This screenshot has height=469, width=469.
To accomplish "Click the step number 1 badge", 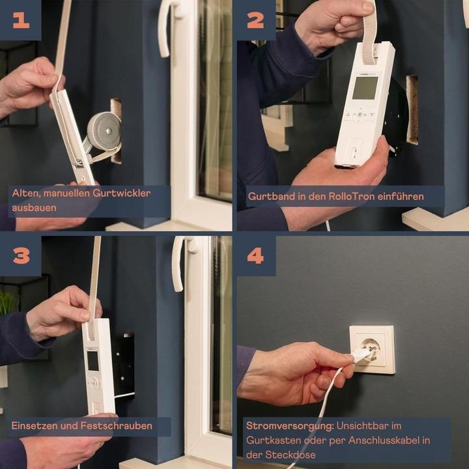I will (20, 20).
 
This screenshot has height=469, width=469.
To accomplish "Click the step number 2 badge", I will (255, 20).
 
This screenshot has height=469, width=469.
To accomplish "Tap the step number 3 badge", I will (20, 255).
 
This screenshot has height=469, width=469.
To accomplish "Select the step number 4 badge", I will (255, 255).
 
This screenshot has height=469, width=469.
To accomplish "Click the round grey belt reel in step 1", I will (104, 130).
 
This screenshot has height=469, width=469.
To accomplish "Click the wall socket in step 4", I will (372, 349).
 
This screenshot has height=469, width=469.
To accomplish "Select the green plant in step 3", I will (7, 302).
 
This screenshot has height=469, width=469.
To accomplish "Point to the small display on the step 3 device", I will (93, 360).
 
